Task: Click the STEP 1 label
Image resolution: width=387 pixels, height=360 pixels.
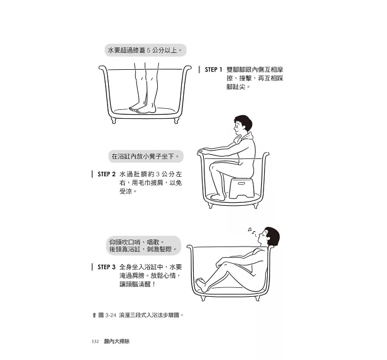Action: point(213,70)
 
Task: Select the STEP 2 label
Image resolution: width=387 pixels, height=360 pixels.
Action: point(106,174)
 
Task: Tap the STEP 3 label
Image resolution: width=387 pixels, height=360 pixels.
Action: point(106,267)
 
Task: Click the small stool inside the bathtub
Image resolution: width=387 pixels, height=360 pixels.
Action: point(242,188)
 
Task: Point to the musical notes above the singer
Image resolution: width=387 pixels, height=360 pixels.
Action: point(252,231)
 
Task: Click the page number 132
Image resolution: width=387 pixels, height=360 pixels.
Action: point(95,342)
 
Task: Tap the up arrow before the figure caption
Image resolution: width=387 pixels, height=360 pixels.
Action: point(94,315)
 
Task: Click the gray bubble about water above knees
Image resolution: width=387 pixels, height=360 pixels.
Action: point(145,50)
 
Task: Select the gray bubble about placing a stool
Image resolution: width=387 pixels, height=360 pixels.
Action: point(146,156)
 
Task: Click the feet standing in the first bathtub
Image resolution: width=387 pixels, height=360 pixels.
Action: point(142,109)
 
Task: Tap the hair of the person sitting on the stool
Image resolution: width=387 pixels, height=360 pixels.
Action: point(243,121)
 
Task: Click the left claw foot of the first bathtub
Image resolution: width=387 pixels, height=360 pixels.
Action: point(113,120)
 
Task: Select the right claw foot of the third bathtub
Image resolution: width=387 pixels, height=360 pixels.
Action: point(258,298)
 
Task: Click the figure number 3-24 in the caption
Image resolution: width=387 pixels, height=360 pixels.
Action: point(110,315)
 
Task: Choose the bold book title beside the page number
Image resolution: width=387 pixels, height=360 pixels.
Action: point(117,342)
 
